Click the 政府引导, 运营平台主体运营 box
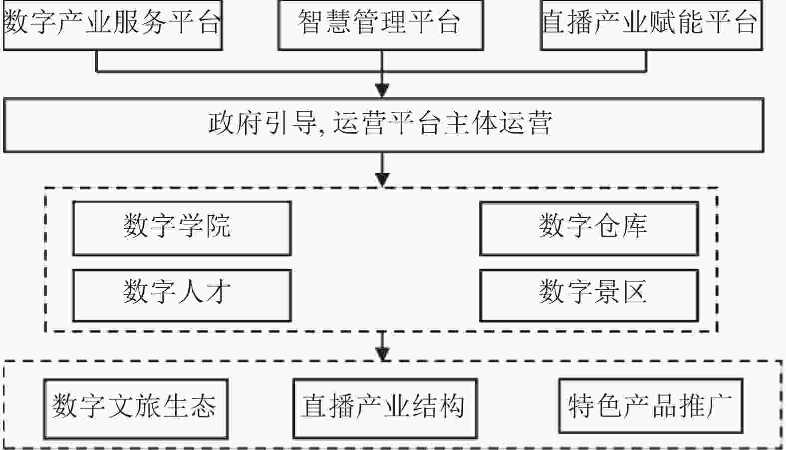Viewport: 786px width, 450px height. pos(383,125)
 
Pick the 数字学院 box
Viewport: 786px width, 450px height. pos(182,228)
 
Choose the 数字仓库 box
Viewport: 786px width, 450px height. pos(589,228)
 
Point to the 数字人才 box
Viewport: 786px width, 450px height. pos(182,295)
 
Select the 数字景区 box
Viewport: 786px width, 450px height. pos(589,295)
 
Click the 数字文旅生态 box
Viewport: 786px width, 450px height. pos(135,409)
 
